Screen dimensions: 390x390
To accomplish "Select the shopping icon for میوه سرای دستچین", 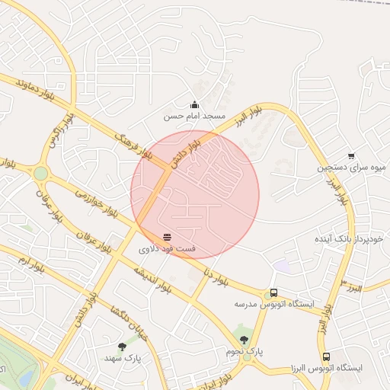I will click(x=350, y=156).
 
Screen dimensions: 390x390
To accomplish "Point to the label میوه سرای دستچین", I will click(x=351, y=168).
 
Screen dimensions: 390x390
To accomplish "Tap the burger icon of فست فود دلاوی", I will click(x=167, y=237).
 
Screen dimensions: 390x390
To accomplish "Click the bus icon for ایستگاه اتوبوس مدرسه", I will click(x=273, y=293).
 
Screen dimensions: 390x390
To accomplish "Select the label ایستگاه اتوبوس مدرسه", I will click(x=273, y=305).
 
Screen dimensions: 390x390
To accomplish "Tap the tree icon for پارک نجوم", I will click(x=244, y=340).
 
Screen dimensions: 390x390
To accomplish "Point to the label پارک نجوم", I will click(x=244, y=352).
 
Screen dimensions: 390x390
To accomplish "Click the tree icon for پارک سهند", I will click(x=123, y=346).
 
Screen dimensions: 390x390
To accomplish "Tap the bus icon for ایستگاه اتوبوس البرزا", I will click(x=326, y=356).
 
